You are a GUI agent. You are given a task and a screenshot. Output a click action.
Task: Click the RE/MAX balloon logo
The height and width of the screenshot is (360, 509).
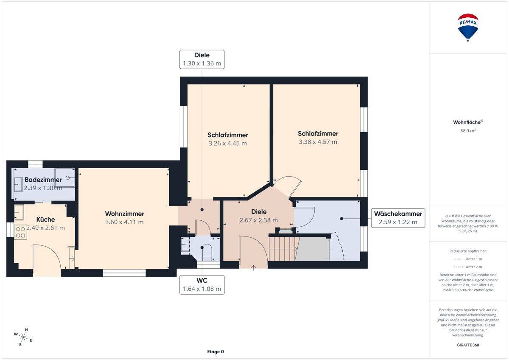pyautogui.click(x=467, y=27)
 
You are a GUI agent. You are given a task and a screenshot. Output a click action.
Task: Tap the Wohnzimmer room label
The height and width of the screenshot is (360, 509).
pyautogui.click(x=125, y=214)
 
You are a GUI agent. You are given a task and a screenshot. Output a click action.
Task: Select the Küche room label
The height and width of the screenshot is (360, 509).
pyautogui.click(x=45, y=219)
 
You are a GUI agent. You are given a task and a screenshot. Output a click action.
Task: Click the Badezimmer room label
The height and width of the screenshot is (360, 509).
pyautogui.click(x=43, y=180)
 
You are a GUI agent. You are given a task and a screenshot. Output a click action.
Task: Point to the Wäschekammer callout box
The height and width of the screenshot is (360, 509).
pyautogui.click(x=398, y=218)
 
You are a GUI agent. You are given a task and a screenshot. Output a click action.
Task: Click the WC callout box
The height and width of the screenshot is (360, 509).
pyautogui.click(x=202, y=285)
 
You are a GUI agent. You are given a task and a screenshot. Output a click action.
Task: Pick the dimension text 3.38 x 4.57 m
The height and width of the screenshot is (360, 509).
pyautogui.click(x=318, y=142)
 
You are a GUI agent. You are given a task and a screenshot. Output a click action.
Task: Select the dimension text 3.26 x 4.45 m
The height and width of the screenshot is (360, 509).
pyautogui.click(x=227, y=143)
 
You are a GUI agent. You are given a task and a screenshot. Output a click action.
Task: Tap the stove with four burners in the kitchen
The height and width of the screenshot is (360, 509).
pyautogui.click(x=20, y=232)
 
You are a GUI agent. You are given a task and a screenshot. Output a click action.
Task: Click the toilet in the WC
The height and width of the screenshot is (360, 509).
pyautogui.click(x=207, y=252)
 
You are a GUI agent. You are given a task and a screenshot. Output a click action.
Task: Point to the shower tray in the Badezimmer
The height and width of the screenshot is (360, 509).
pyautogui.click(x=64, y=177)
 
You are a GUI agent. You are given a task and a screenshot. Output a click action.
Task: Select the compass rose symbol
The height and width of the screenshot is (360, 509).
pyautogui.click(x=23, y=337)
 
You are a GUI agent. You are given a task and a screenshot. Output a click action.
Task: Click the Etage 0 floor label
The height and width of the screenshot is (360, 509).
pyautogui.click(x=215, y=352)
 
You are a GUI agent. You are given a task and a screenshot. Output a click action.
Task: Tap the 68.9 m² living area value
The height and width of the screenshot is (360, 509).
pyautogui.click(x=468, y=130)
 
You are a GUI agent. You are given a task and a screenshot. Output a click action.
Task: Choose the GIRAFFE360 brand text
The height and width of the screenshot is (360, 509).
pyautogui.click(x=468, y=345)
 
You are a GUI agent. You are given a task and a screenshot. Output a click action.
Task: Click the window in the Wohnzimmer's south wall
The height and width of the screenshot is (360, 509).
pyautogui.click(x=124, y=273)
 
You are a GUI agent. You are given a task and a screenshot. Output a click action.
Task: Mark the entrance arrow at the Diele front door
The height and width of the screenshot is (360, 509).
pyautogui.click(x=253, y=268)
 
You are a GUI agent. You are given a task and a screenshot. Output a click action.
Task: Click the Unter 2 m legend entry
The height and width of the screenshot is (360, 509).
pyautogui.click(x=468, y=267)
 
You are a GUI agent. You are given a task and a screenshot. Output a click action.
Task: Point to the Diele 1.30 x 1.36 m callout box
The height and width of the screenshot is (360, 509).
pyautogui.click(x=202, y=59)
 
